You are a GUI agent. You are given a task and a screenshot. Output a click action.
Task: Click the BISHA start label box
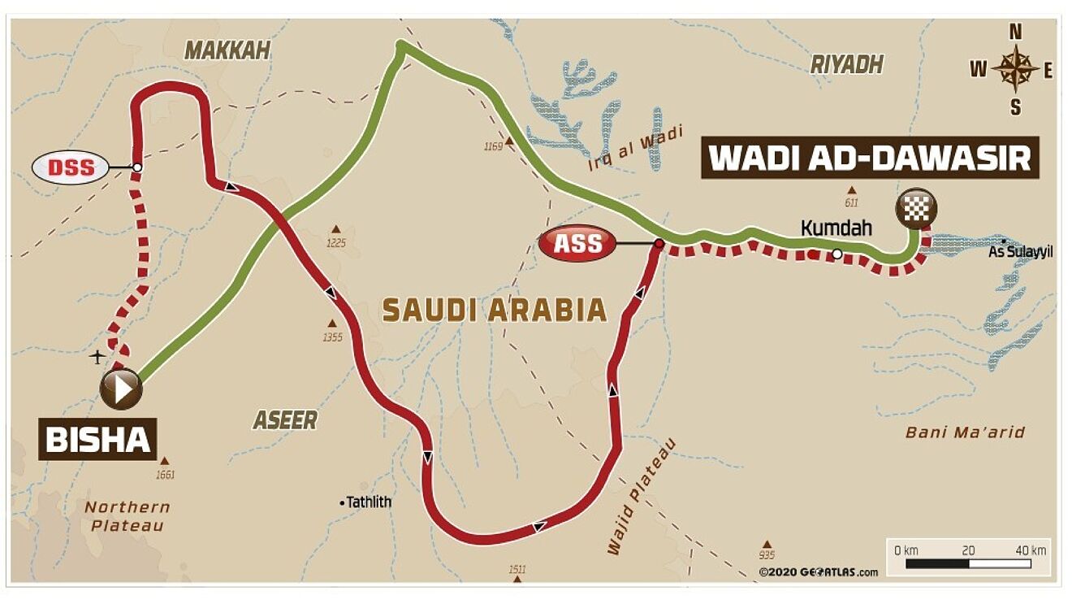97,439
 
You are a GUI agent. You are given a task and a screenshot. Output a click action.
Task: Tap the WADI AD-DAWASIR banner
870,158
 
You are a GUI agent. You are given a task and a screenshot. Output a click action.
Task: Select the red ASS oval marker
577,242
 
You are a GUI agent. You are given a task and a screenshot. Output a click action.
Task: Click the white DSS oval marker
70,167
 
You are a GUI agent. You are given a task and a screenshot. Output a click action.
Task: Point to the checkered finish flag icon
916,210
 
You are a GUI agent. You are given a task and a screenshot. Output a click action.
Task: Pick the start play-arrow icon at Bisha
122,389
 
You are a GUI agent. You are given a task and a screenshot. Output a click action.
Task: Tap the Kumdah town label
836,228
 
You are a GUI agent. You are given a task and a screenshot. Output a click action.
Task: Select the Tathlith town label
368,502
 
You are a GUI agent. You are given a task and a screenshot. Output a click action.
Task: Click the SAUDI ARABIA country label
495,310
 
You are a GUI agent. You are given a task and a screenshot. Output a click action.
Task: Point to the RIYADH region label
846,65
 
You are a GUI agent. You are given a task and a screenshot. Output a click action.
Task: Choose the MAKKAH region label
227,50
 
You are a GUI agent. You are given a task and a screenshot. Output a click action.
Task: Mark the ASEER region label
284,419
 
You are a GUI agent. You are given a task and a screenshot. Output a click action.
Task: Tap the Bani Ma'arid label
965,432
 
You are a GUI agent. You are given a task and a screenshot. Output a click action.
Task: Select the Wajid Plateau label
641,497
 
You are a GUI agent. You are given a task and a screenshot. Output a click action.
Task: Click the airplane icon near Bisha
97,356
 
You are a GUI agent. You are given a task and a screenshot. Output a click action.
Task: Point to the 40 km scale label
1031,550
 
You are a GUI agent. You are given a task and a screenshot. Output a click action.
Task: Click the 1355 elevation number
333,337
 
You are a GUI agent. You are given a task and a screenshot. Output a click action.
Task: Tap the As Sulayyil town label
1020,252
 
